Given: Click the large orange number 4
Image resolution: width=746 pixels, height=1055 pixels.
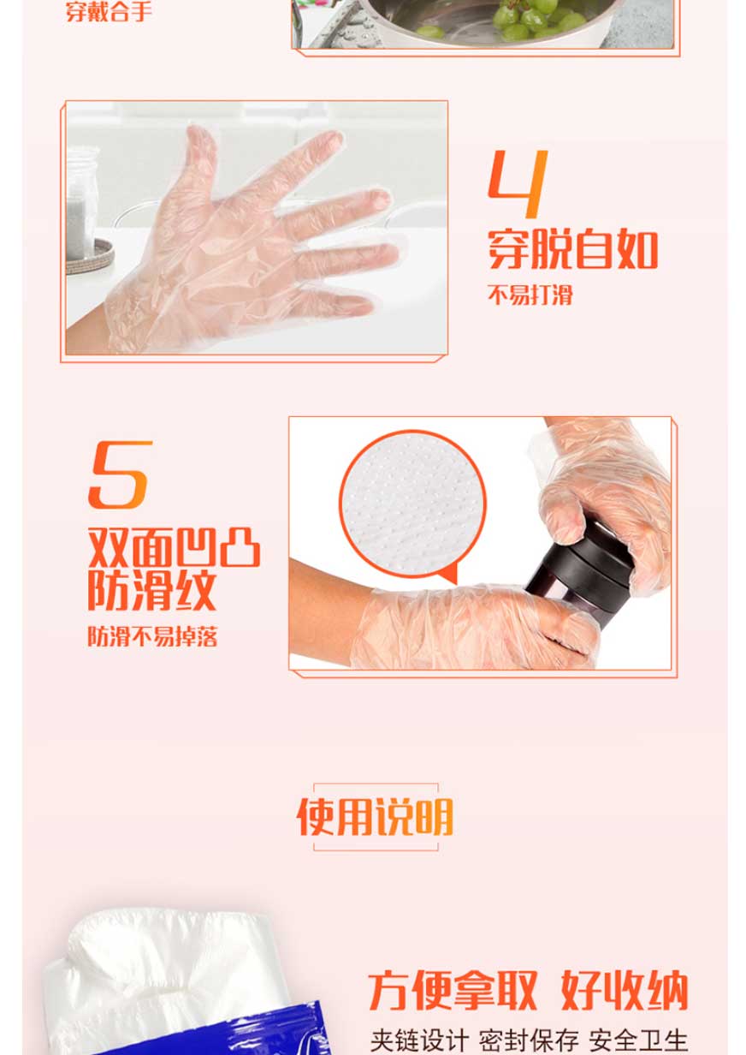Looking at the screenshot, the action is [518, 184].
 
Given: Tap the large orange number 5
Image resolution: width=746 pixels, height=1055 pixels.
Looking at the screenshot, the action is [121, 474].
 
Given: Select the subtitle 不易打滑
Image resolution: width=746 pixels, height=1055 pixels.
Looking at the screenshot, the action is [530, 295].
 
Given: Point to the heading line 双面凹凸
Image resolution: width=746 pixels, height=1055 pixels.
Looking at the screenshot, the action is [175, 548].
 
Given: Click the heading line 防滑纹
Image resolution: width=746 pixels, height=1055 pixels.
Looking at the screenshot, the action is [152, 590].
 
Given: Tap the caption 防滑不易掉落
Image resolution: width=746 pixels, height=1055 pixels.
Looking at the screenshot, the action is [153, 637].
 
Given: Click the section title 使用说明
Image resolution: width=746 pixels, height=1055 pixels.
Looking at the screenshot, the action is [375, 817].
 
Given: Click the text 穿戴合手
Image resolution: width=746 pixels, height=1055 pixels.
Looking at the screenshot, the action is [109, 12].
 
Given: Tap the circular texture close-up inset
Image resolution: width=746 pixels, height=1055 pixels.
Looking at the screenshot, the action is [412, 504].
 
